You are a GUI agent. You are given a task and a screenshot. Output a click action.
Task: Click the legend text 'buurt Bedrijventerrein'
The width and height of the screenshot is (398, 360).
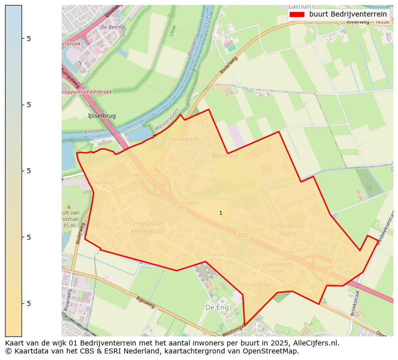pos(348,14)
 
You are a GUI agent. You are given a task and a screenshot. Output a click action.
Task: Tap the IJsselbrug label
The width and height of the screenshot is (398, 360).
pos(102,116)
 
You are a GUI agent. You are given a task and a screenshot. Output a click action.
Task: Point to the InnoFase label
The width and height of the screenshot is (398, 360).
pos(225,156)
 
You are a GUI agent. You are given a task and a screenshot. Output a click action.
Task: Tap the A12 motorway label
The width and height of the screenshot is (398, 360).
pos(243,235)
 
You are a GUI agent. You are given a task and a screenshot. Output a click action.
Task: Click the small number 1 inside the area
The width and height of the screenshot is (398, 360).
pos(221,213)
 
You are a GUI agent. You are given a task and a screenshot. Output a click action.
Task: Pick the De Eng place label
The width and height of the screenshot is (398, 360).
pos(217,307)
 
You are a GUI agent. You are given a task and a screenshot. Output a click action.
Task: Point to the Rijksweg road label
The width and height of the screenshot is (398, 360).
pos(146,301)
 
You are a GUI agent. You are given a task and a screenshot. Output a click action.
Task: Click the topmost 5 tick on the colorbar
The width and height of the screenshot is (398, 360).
pos(29,38)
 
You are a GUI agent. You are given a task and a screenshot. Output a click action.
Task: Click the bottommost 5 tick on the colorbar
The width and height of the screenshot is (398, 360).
pos(29,303)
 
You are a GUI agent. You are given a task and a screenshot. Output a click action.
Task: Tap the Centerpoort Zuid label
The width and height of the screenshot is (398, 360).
pos(277,267)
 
